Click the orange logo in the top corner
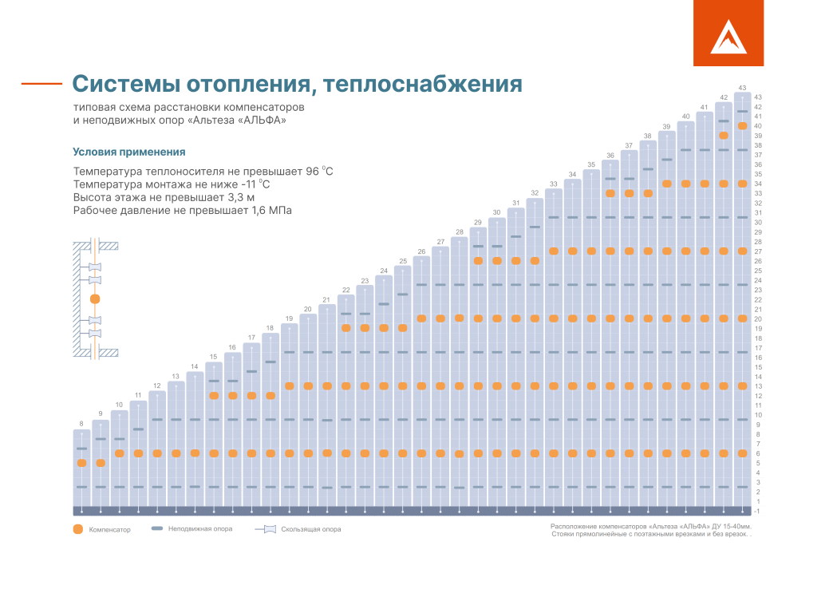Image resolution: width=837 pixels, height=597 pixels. pyautogui.click(x=728, y=33)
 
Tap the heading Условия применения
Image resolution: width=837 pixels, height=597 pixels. pyautogui.click(x=129, y=152)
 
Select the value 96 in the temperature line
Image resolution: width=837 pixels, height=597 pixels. pyautogui.click(x=314, y=172)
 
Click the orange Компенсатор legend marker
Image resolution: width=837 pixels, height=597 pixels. pyautogui.click(x=77, y=529)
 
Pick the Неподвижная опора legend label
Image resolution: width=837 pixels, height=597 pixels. pyautogui.click(x=200, y=528)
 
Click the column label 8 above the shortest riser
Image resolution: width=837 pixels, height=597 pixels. pyautogui.click(x=81, y=423)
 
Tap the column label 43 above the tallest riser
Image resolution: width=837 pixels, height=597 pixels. pyautogui.click(x=742, y=87)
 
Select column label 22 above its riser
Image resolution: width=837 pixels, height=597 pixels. pyautogui.click(x=345, y=290)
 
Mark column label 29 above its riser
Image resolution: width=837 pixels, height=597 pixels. pyautogui.click(x=478, y=222)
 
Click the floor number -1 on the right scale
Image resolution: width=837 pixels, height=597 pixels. pyautogui.click(x=756, y=511)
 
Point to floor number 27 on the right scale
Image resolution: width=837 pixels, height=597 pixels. pyautogui.click(x=757, y=251)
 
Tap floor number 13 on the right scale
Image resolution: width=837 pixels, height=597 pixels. pyautogui.click(x=757, y=386)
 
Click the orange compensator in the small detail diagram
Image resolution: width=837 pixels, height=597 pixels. pyautogui.click(x=95, y=299)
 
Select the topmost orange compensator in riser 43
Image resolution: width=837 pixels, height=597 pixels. pyautogui.click(x=742, y=126)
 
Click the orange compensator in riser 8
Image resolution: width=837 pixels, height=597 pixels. pyautogui.click(x=81, y=463)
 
